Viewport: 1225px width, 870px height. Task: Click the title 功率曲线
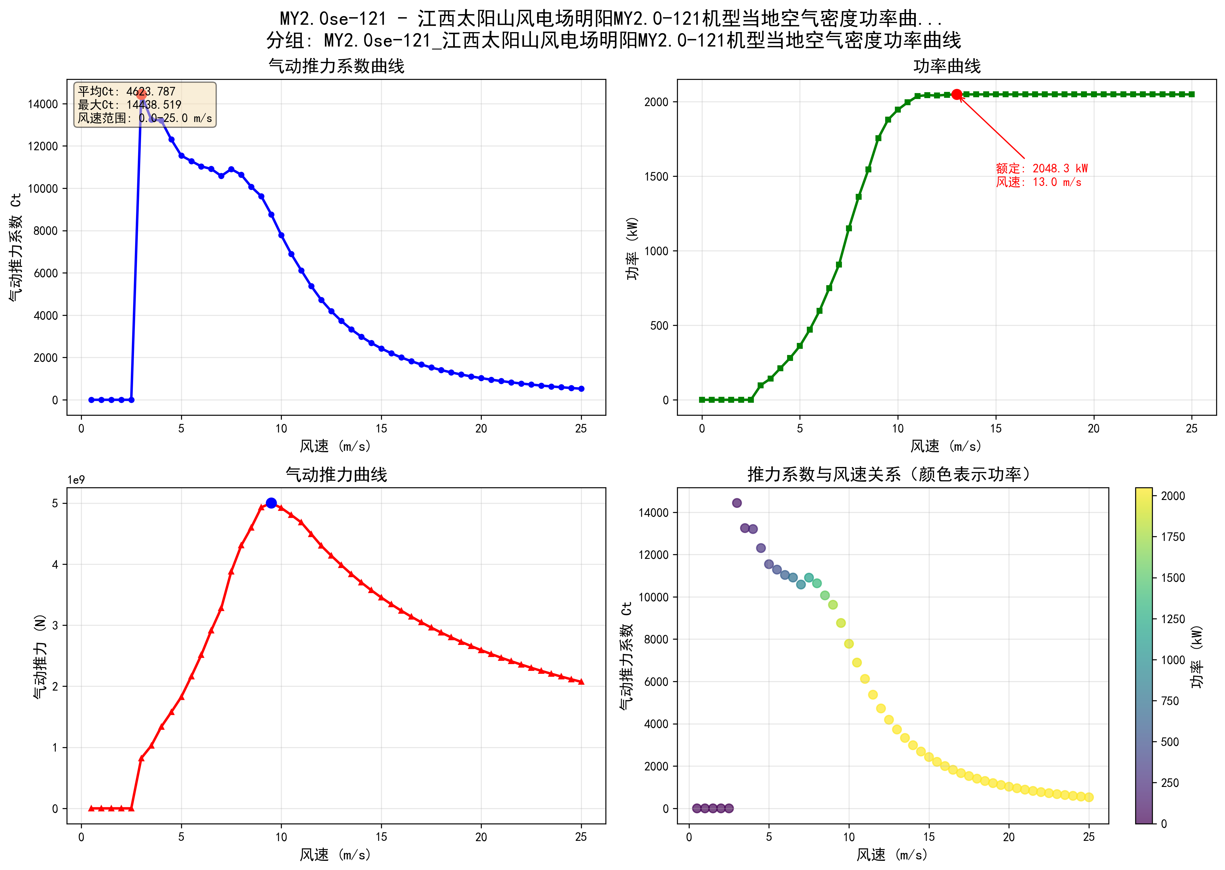947,66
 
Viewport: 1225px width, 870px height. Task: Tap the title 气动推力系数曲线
336,66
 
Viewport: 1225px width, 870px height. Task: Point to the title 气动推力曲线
336,475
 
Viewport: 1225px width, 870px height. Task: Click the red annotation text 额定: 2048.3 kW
1041,168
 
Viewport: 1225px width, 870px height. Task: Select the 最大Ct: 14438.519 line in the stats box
130,105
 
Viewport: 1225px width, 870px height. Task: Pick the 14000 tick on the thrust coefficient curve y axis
43,104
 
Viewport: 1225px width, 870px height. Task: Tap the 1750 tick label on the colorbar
1173,537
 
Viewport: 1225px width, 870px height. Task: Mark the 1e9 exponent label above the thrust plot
76,480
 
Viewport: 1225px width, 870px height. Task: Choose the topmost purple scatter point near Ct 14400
737,503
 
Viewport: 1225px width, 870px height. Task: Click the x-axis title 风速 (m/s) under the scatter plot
892,854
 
